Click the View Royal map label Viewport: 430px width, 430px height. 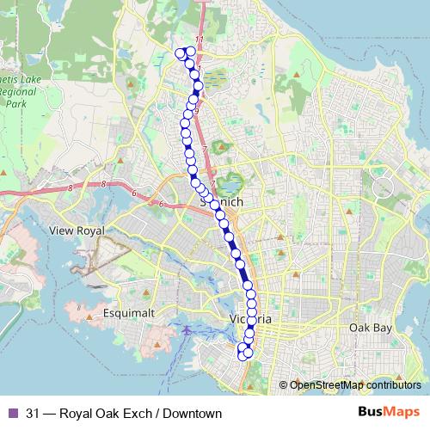coord(77,231)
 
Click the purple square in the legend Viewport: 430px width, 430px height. coord(12,413)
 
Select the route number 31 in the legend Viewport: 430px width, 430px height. coord(34,413)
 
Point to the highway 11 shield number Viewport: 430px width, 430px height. coord(199,40)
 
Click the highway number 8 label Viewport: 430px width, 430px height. coord(103,184)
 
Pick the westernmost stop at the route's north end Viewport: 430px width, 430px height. coord(180,53)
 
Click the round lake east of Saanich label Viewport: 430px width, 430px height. coord(229,182)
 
